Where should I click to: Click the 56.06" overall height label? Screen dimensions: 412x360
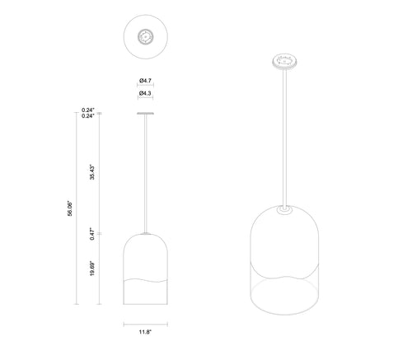[70, 208]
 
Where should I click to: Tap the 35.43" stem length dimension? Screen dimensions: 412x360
[92, 172]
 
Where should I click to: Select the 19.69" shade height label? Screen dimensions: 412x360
[92, 269]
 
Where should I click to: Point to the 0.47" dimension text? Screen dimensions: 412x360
[92, 234]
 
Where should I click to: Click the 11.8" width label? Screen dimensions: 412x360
[145, 332]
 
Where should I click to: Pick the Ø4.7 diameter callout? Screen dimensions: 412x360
[145, 81]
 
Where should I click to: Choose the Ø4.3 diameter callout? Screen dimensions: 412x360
[145, 93]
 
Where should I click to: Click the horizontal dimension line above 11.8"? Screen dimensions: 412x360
[146, 325]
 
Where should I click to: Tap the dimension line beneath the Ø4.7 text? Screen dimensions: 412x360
[145, 86]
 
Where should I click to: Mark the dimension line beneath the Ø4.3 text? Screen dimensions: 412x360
[145, 98]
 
